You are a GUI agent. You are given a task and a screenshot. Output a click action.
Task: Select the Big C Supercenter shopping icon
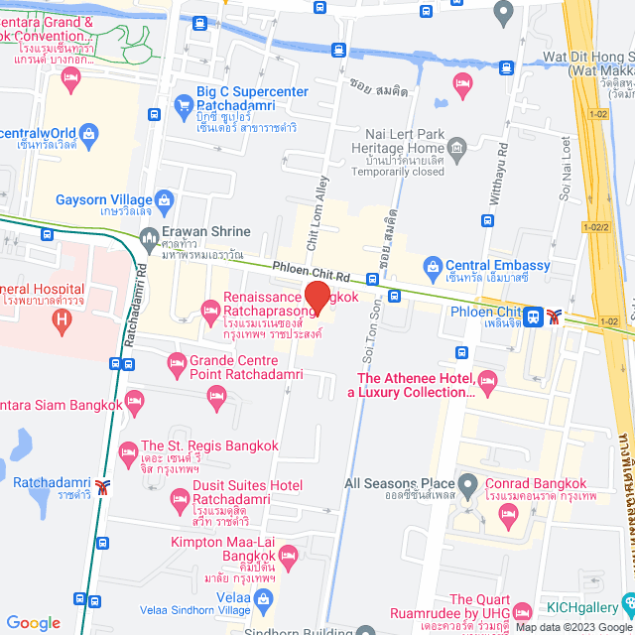coord(183,103)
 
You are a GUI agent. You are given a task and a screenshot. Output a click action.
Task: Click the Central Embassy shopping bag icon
coord(432,266)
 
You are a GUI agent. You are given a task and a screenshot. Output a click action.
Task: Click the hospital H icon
coord(63,320)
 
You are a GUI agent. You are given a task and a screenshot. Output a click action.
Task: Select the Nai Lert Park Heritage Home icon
coord(457,152)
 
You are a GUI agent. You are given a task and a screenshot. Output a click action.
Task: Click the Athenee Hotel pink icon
coord(487,380)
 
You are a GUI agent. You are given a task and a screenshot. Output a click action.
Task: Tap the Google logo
coord(33,623)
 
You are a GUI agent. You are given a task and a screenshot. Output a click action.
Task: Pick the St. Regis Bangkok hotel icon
coord(127,452)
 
